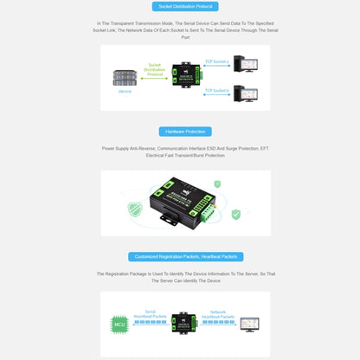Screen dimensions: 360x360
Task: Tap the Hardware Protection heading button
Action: [184, 132]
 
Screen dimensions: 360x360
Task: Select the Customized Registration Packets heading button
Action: [185, 256]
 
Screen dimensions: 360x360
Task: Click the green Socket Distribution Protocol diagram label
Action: [154, 68]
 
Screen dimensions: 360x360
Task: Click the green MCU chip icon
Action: [119, 325]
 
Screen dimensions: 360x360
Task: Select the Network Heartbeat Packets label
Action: [218, 314]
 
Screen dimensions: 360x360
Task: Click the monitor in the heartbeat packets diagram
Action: [249, 323]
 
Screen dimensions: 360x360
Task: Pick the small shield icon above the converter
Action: [216, 183]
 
